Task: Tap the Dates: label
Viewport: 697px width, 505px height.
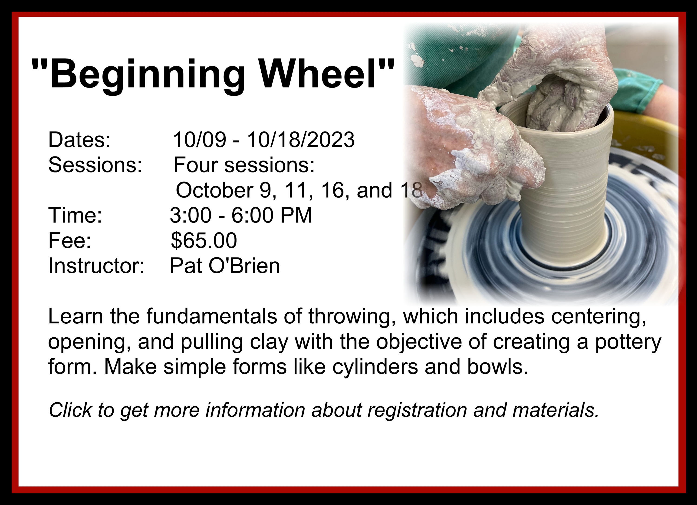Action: tap(79, 140)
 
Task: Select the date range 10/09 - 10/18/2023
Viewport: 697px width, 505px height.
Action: tap(264, 140)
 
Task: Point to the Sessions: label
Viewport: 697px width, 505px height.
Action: tap(95, 165)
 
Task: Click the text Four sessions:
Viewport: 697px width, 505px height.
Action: tap(244, 165)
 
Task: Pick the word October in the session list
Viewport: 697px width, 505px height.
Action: tap(214, 190)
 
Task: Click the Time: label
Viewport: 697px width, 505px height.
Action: tap(75, 215)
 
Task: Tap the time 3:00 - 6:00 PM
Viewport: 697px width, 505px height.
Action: tap(241, 215)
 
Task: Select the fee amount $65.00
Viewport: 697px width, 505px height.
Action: tap(204, 240)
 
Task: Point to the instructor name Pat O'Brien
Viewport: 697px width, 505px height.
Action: tap(225, 265)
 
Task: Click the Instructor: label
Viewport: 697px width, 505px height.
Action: tap(96, 265)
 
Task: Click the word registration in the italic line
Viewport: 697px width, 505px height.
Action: tap(417, 411)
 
